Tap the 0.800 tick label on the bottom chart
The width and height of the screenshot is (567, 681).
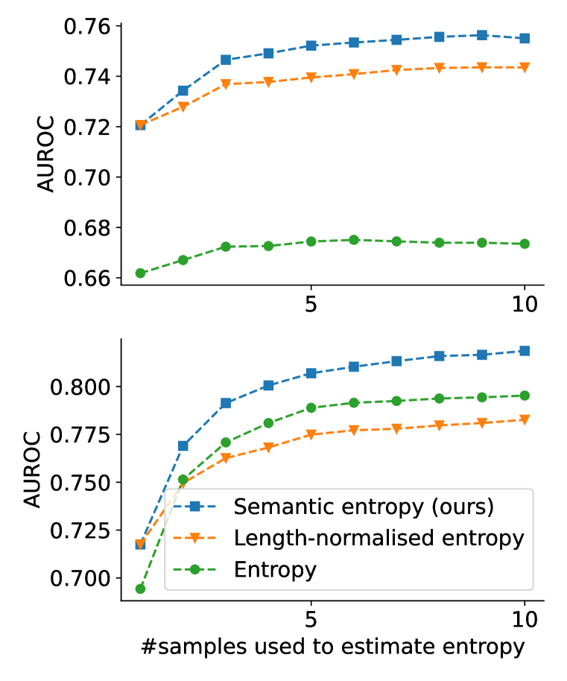pyautogui.click(x=77, y=387)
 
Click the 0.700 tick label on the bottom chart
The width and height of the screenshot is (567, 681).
pyautogui.click(x=77, y=578)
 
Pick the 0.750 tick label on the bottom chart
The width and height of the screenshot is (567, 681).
pyautogui.click(x=77, y=483)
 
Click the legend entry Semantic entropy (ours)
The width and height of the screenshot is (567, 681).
pyautogui.click(x=364, y=507)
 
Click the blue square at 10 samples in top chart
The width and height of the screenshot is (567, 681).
pyautogui.click(x=525, y=38)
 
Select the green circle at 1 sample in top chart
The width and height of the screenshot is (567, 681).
pyautogui.click(x=140, y=273)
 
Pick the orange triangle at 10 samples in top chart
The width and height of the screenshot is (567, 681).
pyautogui.click(x=525, y=67)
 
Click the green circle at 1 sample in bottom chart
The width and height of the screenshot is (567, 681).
pyautogui.click(x=140, y=589)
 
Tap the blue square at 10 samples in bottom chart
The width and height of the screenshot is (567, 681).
pyautogui.click(x=525, y=351)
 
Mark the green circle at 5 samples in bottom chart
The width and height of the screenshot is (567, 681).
pyautogui.click(x=311, y=408)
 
